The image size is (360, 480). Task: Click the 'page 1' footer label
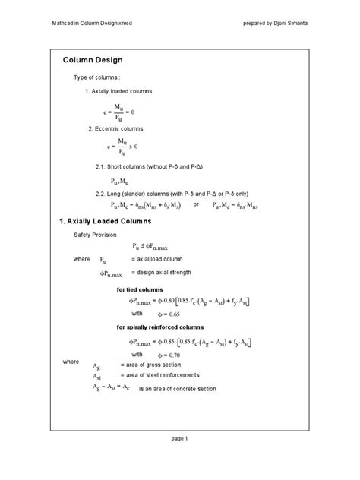(x=179, y=438)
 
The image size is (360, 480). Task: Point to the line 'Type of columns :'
(x=97, y=77)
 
